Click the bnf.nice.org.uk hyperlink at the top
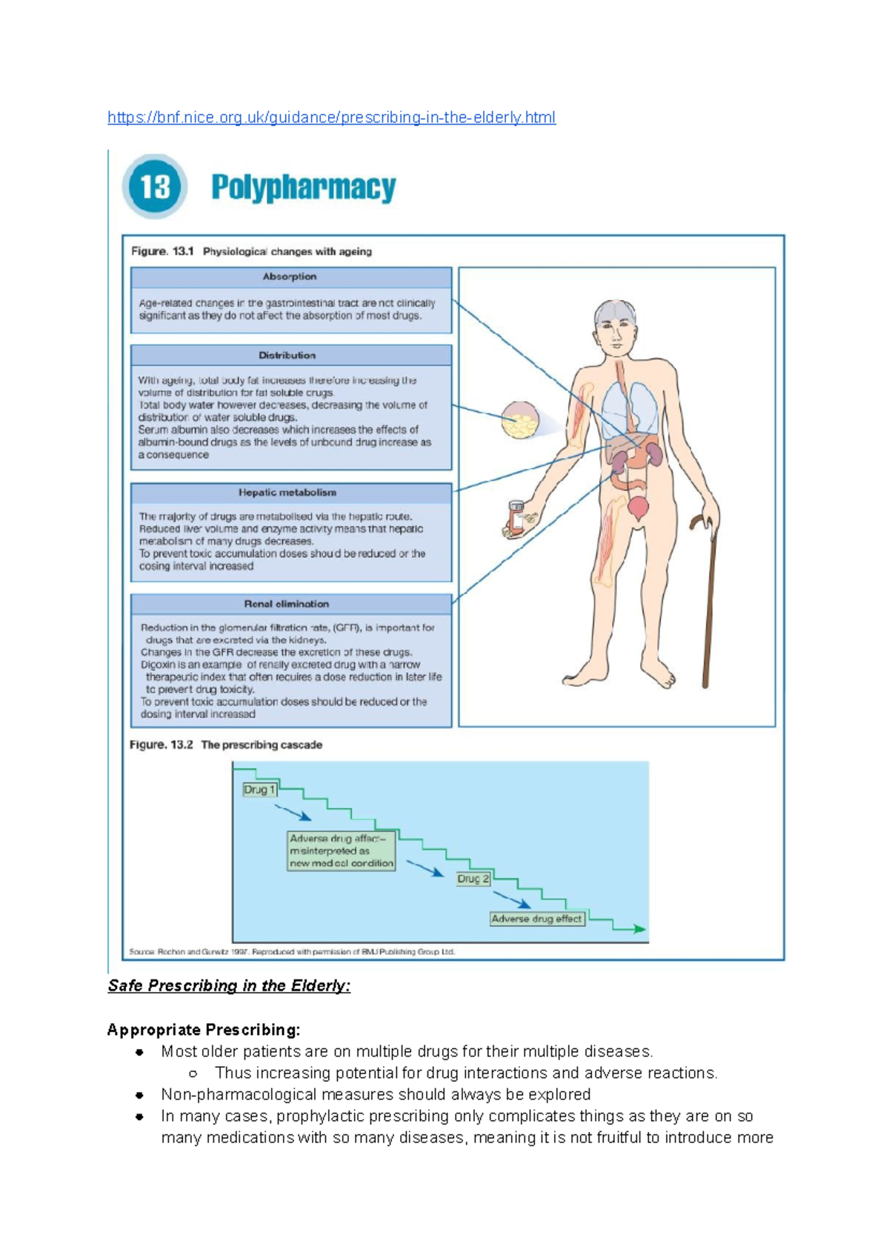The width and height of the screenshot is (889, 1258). [331, 117]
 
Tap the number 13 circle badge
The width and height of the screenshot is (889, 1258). [155, 187]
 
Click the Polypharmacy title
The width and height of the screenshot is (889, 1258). [303, 187]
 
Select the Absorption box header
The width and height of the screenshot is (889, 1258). [290, 277]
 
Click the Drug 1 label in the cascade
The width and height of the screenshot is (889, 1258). [259, 790]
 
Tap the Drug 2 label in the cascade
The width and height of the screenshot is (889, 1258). [473, 879]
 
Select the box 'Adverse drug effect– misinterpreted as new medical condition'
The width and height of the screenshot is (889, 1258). [342, 851]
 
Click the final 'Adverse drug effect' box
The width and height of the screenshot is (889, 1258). [537, 919]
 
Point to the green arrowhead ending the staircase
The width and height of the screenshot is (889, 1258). [639, 928]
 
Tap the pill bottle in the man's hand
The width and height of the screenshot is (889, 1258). [516, 517]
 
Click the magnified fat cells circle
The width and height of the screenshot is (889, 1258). [520, 420]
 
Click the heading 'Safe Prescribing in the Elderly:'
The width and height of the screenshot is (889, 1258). [229, 986]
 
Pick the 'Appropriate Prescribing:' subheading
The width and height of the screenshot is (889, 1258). [204, 1030]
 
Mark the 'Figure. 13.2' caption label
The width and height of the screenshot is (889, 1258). [161, 745]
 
